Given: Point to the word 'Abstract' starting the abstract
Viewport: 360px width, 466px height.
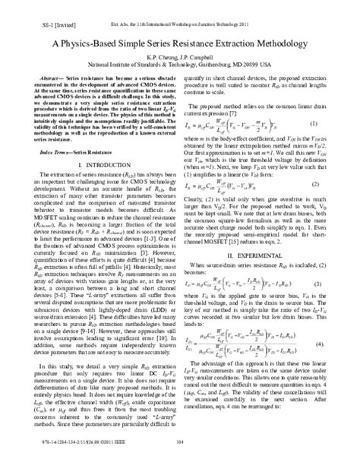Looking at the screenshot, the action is tap(52, 78).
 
